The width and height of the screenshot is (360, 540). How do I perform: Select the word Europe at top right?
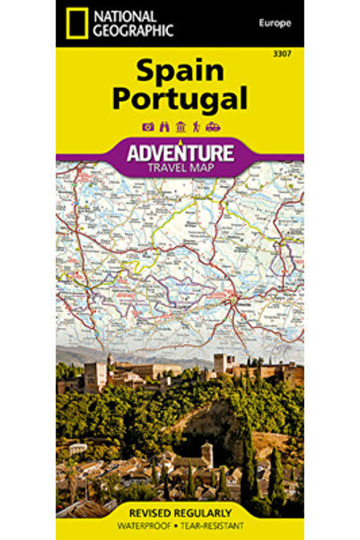[x=272, y=20]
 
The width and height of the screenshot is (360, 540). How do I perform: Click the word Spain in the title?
[x=180, y=71]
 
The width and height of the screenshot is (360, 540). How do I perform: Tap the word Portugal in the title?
[x=180, y=97]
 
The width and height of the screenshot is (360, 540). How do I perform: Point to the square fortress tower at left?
[x=96, y=376]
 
